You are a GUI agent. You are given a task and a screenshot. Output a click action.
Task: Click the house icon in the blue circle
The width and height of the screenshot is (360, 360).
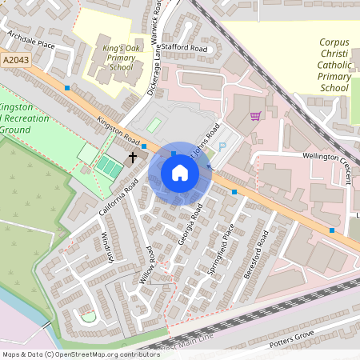point(180,173)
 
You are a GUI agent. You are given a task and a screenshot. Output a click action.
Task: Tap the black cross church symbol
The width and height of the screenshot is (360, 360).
point(133,158)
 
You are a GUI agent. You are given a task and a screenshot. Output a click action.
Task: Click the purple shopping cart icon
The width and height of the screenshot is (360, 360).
point(255,116)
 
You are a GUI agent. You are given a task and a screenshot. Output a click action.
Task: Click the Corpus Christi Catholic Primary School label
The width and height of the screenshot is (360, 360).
point(334,64)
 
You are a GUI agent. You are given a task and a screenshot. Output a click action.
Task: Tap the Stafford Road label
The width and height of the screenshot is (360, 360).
point(184,49)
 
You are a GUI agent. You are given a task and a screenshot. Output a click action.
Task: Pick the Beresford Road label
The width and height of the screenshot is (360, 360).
point(258,258)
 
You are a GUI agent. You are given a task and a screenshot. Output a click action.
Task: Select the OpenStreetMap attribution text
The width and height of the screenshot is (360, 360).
point(81,354)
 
